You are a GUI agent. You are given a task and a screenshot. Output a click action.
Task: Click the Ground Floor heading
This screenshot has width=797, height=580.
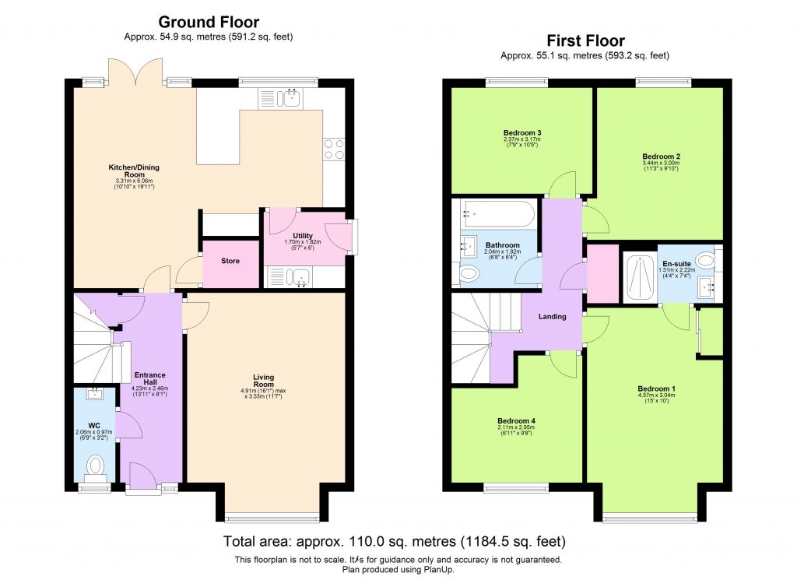coord(209,23)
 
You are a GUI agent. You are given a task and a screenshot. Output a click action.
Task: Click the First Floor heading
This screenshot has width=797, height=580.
coord(585,41)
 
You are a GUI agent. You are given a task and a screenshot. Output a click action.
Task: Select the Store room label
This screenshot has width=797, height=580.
coord(230,261)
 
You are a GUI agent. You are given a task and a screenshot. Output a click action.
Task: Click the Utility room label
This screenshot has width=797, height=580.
coord(303,236)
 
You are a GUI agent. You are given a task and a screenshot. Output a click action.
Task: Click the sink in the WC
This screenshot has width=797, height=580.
coord(94,395)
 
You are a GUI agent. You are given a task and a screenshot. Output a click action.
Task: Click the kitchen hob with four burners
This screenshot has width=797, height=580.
coord(334,149)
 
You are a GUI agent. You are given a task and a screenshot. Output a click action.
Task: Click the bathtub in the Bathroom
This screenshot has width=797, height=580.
coord(498,213)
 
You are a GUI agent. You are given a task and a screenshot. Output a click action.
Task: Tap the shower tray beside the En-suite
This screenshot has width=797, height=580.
coord(641,278)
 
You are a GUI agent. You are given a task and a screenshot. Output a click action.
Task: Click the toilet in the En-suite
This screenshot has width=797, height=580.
coord(705,261)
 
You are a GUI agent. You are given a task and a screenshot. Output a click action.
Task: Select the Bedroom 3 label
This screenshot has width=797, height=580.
coord(521,132)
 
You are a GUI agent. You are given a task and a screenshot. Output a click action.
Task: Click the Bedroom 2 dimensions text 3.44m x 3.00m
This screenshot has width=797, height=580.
coord(661,164)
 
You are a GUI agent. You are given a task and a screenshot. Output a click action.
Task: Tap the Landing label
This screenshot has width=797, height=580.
coord(553,316)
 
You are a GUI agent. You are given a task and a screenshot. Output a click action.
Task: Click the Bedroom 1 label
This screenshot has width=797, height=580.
coord(656,388)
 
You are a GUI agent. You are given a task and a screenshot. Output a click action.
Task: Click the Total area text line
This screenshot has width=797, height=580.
coord(394,541)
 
